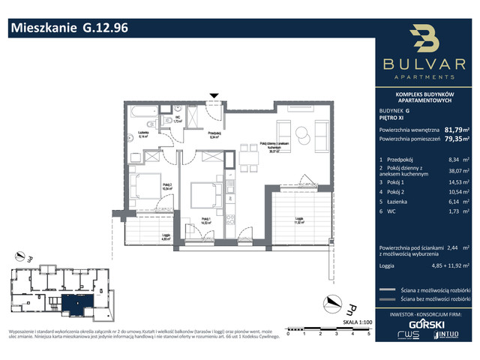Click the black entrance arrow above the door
[215, 96]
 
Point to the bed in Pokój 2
[143, 184]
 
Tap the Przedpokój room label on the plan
[192, 136]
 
